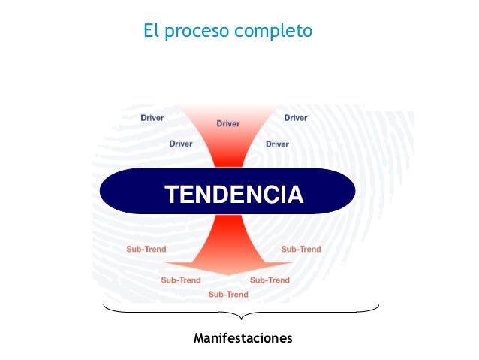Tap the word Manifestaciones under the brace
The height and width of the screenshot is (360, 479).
243,338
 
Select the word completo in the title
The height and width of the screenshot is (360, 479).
273,32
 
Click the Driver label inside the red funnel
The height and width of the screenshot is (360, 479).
228,123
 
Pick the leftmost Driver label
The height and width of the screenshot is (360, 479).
152,118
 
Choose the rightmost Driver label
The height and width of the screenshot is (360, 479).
295,118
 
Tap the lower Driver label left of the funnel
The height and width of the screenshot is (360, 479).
180,143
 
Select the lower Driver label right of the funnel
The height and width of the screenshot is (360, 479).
277,144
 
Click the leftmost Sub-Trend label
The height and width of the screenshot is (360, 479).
146,249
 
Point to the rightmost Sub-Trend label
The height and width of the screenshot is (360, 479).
301,249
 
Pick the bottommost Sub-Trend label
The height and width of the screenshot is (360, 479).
228,294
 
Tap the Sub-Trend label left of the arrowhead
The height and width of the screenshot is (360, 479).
181,280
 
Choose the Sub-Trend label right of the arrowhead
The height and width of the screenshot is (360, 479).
270,280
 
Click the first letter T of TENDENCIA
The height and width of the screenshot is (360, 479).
172,195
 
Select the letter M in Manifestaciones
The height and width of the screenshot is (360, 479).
198,338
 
